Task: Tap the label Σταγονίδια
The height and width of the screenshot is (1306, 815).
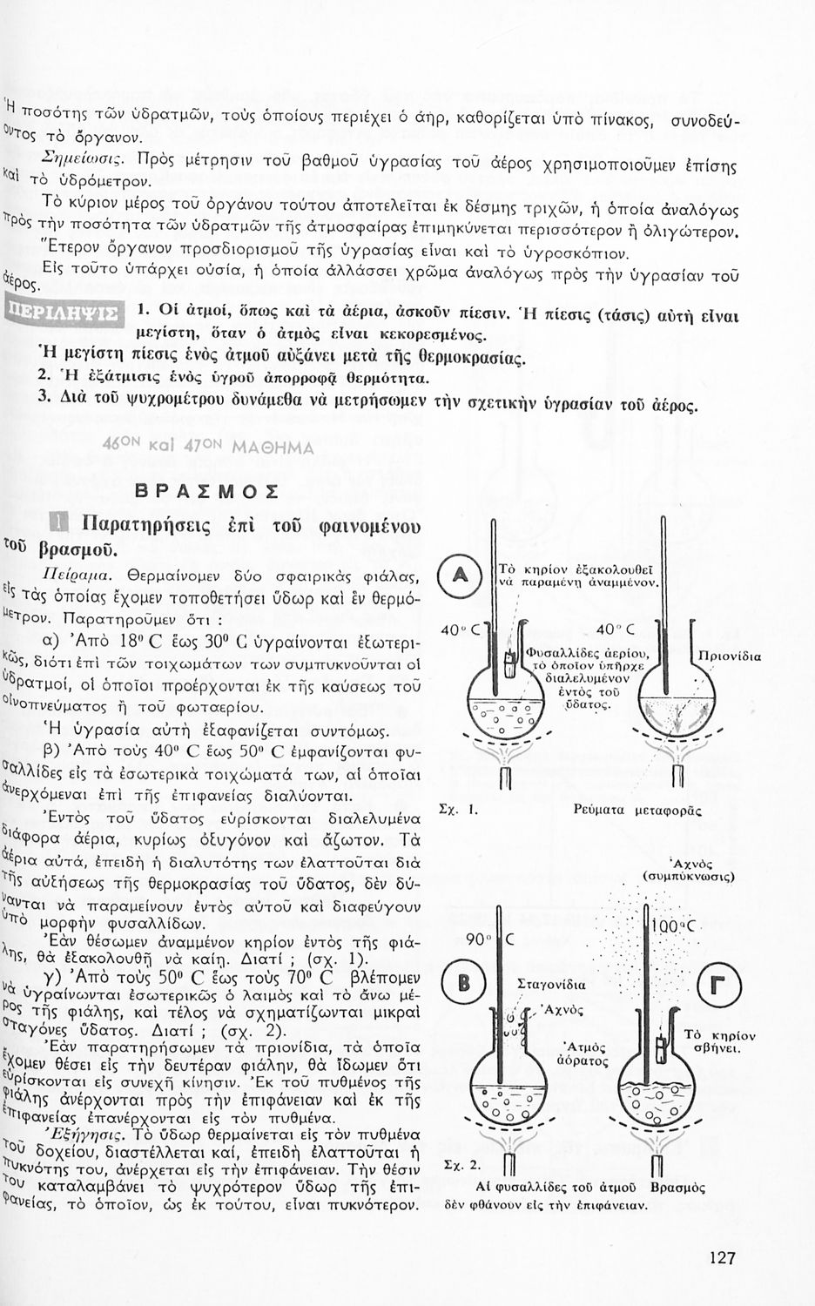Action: coord(551,985)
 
